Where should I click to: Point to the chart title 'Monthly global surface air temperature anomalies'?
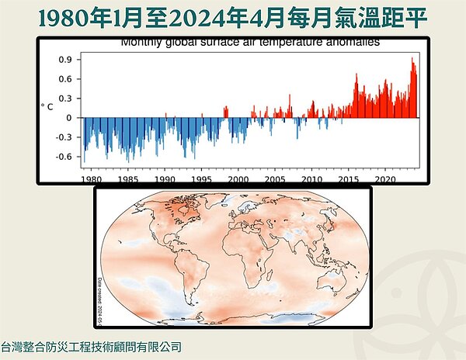(249, 43)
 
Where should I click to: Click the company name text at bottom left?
(91, 348)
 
